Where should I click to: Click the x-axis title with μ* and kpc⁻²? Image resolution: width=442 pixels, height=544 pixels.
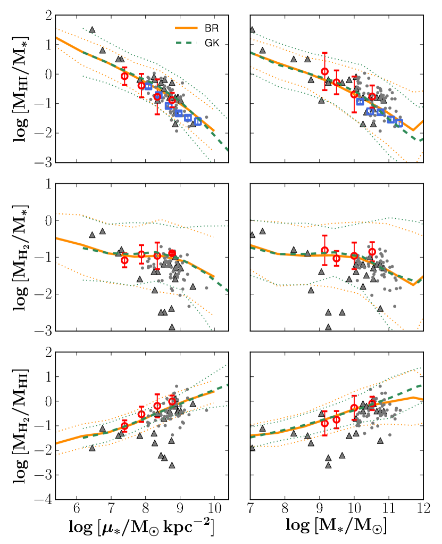tap(143, 529)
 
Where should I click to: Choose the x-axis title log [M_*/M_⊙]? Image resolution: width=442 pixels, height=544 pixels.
tap(337, 529)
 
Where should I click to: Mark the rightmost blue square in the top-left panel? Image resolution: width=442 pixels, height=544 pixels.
tap(198, 121)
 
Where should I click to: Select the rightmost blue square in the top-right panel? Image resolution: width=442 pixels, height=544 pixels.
tap(399, 123)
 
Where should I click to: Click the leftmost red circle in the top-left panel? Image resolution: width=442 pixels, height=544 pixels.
tap(124, 76)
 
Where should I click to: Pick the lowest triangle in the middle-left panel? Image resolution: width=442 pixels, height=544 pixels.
tap(172, 326)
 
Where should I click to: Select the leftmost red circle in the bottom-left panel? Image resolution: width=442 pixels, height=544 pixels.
tap(124, 426)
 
